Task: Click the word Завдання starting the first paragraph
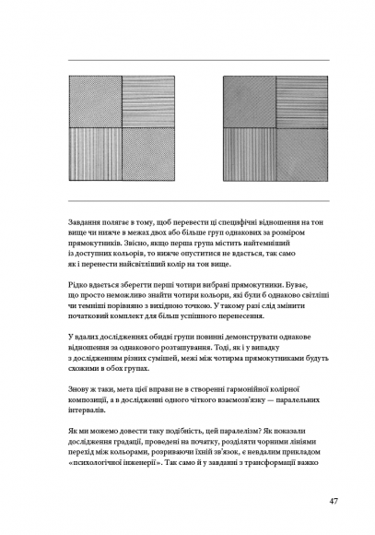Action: pyautogui.click(x=88, y=223)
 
